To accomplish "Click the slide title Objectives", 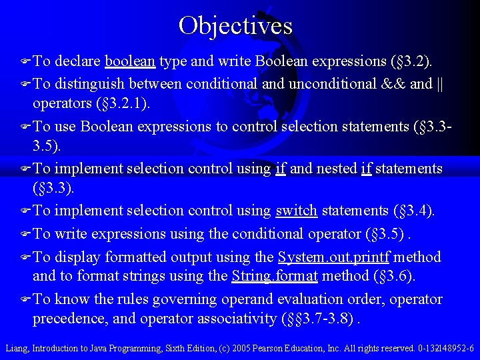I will (x=235, y=25).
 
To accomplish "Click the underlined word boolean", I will (x=130, y=62).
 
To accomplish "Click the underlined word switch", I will (x=296, y=211).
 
